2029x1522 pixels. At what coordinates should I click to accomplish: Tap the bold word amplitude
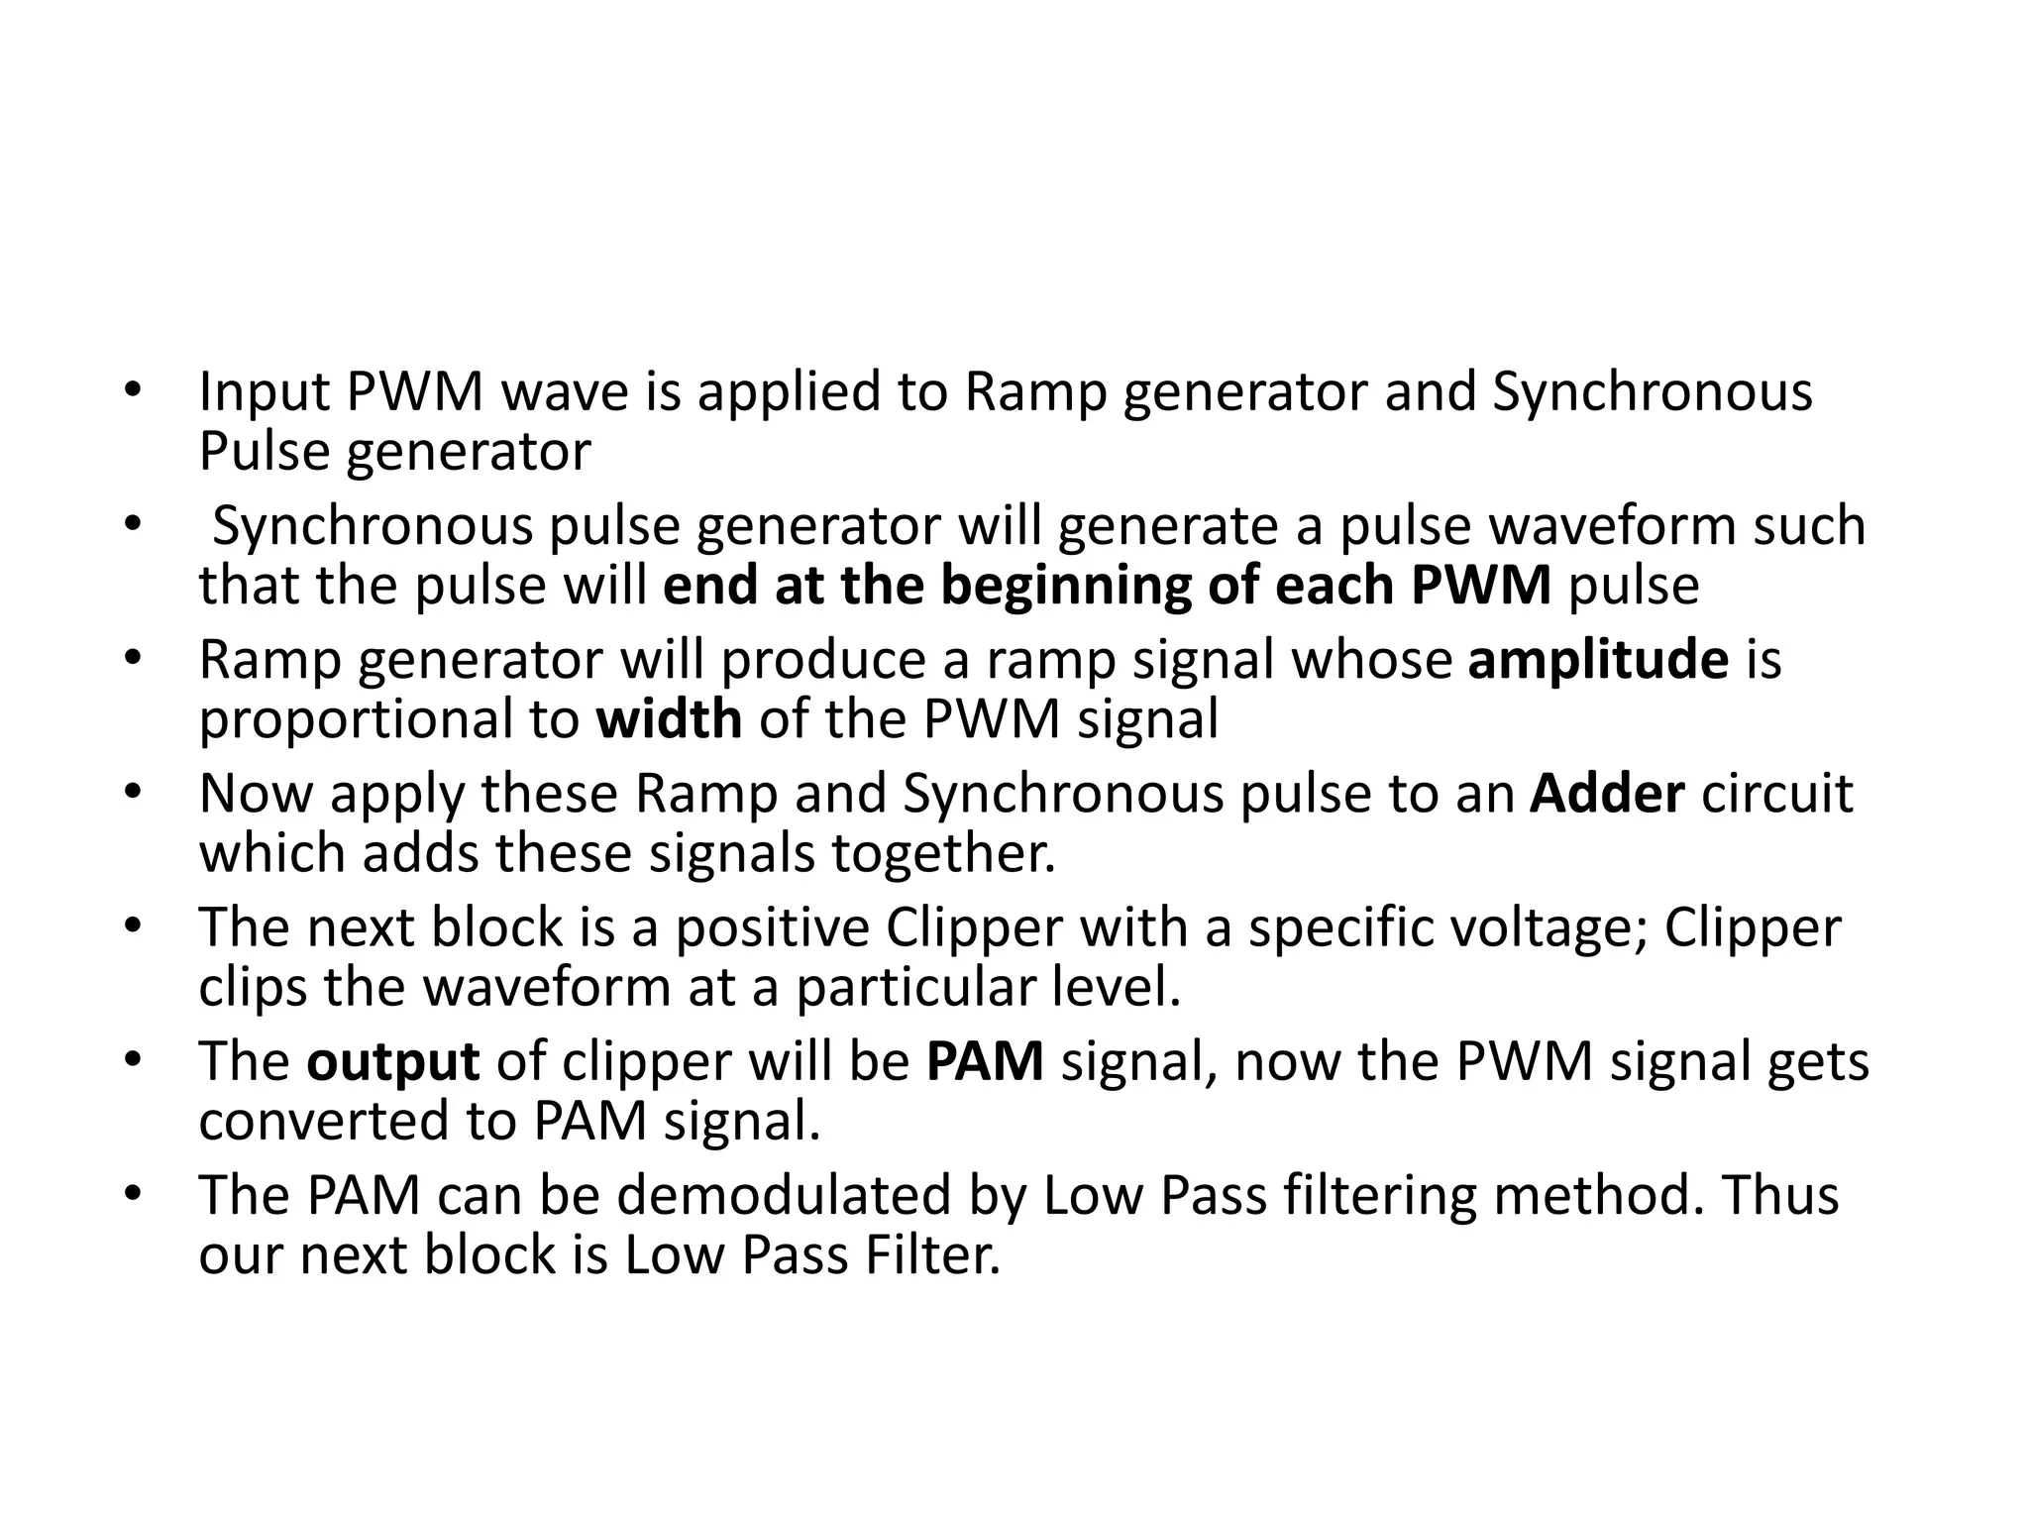coord(1598,660)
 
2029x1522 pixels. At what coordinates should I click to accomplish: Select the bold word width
coord(669,719)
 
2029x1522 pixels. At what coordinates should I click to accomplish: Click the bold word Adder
coord(1606,794)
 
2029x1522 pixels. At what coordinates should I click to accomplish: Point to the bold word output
coord(393,1063)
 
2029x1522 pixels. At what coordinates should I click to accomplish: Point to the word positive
coord(772,928)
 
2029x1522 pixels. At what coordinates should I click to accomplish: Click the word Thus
coord(1781,1195)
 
